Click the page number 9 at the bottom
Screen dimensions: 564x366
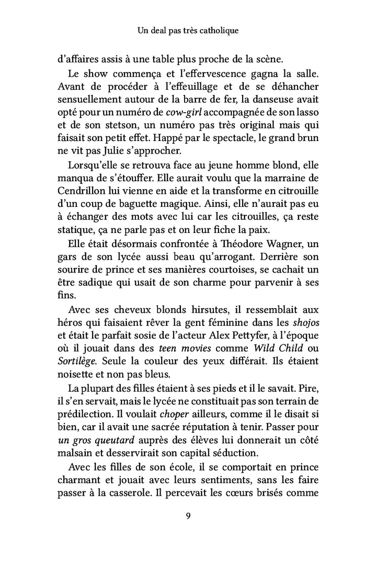pos(188,517)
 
